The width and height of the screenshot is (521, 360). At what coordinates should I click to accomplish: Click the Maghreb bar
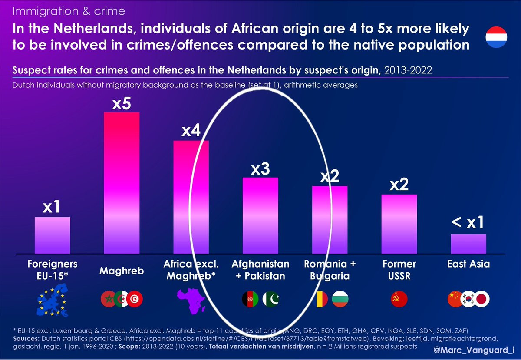[x=122, y=182]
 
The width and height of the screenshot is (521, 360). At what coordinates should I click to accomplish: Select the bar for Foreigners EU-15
[x=52, y=235]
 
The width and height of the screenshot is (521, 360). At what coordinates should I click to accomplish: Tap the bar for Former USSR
[x=399, y=224]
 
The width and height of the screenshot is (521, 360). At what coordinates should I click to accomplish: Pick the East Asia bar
[x=468, y=244]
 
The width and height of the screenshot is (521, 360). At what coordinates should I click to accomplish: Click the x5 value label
[x=122, y=105]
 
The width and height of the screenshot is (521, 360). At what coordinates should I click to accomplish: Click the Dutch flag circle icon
[x=496, y=37]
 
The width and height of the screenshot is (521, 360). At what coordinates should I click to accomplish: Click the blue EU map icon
[x=52, y=299]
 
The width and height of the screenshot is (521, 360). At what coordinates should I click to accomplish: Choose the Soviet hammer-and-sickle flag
[x=399, y=299]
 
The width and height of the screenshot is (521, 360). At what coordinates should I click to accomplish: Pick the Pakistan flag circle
[x=272, y=299]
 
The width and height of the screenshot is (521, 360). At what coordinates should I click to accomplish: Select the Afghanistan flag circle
[x=250, y=299]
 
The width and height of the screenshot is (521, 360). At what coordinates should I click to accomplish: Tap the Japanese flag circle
[x=481, y=299]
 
